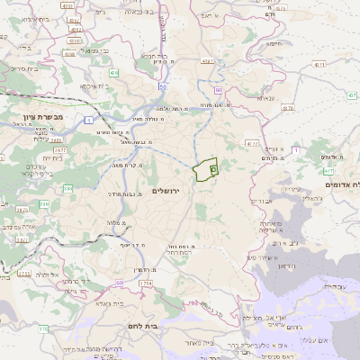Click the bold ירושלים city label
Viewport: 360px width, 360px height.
166,191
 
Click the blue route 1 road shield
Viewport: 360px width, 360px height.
89,120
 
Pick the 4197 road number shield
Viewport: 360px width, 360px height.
208,61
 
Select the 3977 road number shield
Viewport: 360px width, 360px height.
58,138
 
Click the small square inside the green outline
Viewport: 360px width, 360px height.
213,167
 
